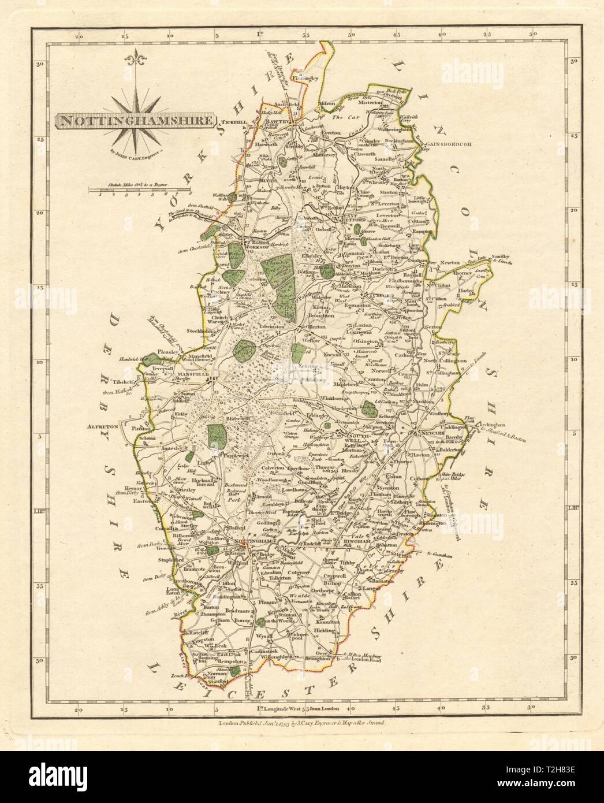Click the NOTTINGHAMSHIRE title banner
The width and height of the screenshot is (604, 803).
point(136,121)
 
